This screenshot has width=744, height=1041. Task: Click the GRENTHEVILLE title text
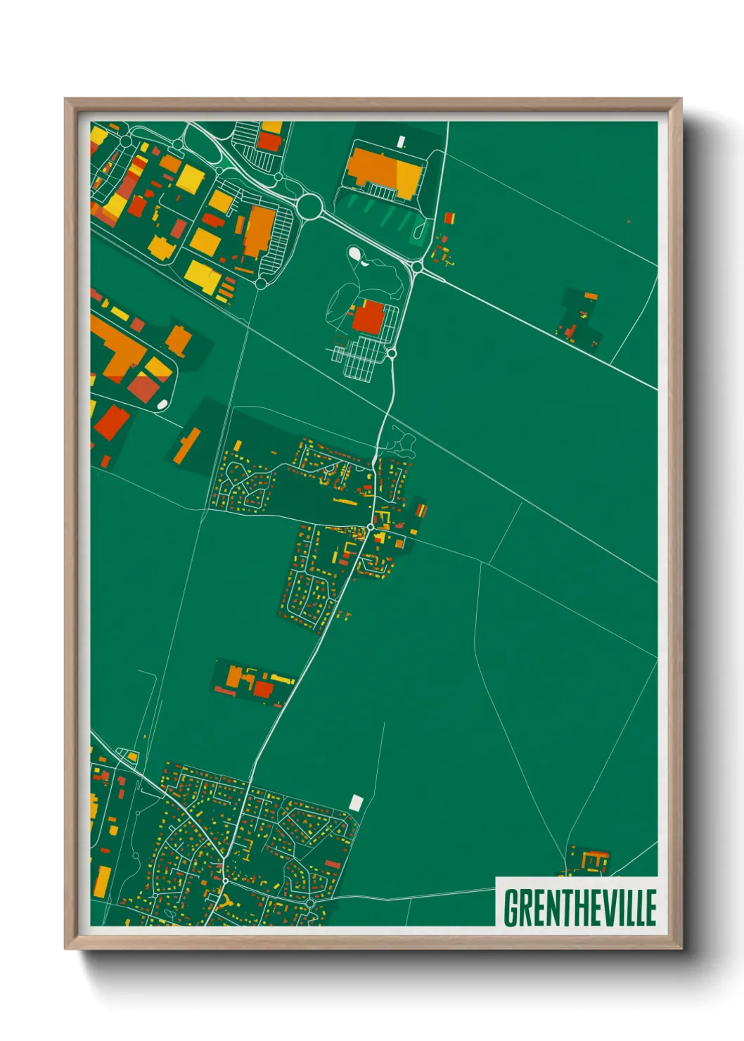[579, 907]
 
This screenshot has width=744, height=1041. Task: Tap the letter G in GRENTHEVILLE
[511, 907]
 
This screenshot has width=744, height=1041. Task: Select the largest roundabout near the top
[309, 205]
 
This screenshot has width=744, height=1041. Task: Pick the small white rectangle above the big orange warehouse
[402, 142]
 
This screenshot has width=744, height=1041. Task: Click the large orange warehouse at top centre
[384, 170]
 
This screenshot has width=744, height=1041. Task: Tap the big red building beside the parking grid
[368, 318]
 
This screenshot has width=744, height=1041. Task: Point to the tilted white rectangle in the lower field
[357, 801]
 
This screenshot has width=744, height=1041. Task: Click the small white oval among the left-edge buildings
[162, 404]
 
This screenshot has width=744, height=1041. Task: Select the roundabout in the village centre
[370, 527]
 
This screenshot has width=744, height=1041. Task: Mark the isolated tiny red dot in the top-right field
[628, 222]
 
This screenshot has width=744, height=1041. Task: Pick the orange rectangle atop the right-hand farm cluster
[590, 296]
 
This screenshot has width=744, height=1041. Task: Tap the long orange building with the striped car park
[259, 230]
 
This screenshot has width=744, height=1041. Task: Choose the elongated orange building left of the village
[186, 445]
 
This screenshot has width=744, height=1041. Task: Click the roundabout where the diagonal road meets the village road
[417, 267]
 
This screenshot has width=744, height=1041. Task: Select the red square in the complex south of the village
[262, 689]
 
